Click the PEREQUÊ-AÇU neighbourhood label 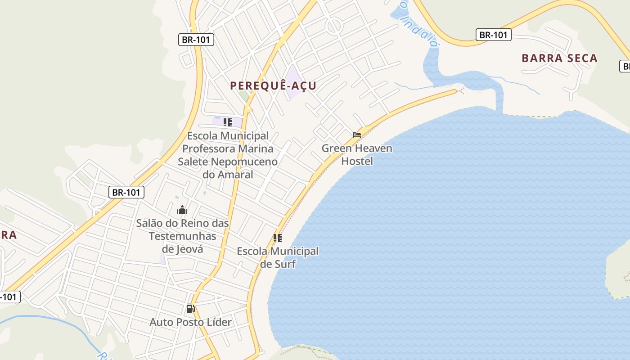pyautogui.click(x=273, y=85)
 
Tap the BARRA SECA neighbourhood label pyautogui.click(x=559, y=58)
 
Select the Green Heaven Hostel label pyautogui.click(x=357, y=154)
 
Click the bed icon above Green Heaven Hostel pyautogui.click(x=357, y=135)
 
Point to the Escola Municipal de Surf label pyautogui.click(x=278, y=257)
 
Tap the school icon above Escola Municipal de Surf pyautogui.click(x=278, y=238)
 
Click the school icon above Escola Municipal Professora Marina pyautogui.click(x=228, y=122)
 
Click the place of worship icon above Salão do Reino pyautogui.click(x=182, y=210)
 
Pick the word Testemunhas pyautogui.click(x=183, y=236)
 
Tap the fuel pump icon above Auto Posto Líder pyautogui.click(x=190, y=309)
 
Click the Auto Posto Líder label pyautogui.click(x=190, y=322)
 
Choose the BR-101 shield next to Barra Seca pyautogui.click(x=493, y=35)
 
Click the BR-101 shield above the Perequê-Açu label pyautogui.click(x=196, y=40)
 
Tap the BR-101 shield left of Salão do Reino pyautogui.click(x=126, y=193)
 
